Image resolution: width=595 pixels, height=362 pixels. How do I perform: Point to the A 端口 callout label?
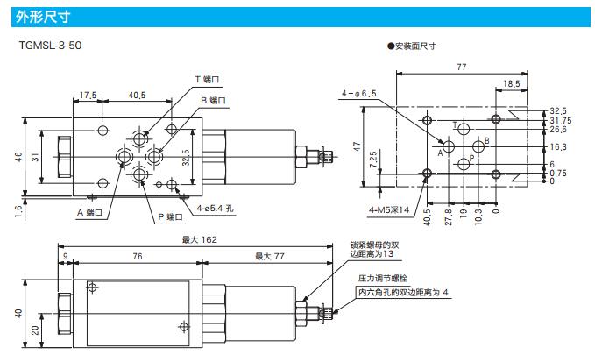pos(90,212)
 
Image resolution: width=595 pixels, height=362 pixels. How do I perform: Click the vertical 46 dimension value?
pos(18,156)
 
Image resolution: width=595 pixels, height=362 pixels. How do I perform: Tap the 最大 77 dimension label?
pos(270,256)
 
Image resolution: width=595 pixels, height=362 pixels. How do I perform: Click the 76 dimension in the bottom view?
pos(138,256)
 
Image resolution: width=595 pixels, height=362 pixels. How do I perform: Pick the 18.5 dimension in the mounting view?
pos(512,83)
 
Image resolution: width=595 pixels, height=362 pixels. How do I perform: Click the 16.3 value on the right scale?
pos(558,146)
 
